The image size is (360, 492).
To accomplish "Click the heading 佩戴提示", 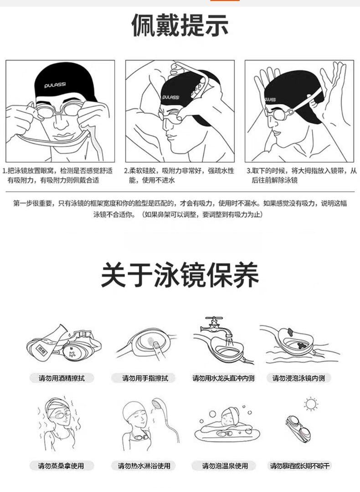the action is coord(180,25).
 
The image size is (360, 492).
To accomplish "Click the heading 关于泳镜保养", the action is coord(180,275).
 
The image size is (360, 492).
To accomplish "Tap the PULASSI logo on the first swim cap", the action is coord(55,85).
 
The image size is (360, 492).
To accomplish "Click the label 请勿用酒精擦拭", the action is coord(62,378).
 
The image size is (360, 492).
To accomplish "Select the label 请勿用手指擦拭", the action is coord(145,378).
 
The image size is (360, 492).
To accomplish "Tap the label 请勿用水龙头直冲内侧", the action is coord(223,378).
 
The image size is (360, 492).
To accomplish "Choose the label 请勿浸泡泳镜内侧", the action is coord(298,378).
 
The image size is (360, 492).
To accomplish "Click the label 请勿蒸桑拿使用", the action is coord(61,466).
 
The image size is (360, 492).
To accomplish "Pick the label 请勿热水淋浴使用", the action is coord(144,466).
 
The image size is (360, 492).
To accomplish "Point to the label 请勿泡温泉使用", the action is coord(225,466).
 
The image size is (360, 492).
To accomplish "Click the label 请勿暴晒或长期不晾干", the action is coord(300,466).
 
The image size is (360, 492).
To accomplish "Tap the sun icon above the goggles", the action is coord(311,404).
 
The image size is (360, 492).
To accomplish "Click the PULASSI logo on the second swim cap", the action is coord(171,97).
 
